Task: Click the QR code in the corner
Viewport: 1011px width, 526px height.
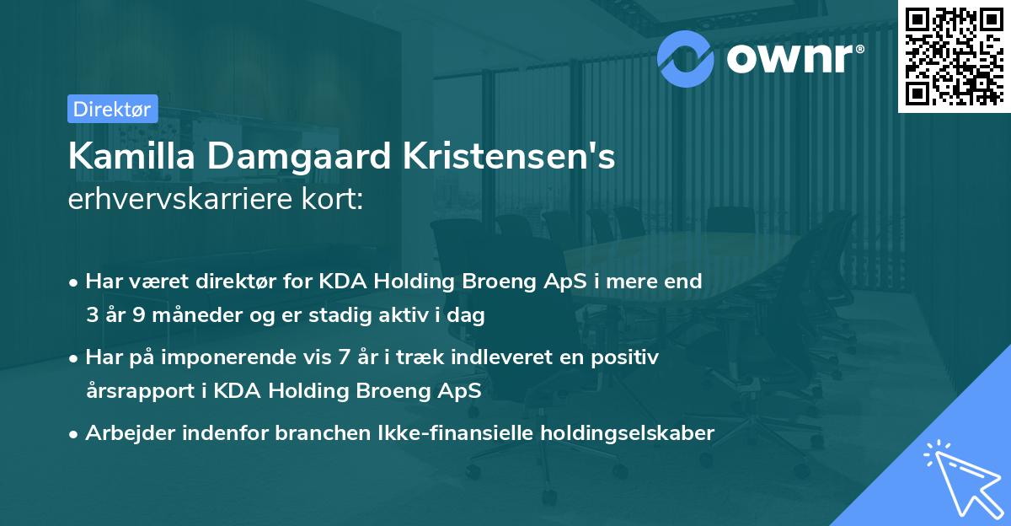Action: point(955,56)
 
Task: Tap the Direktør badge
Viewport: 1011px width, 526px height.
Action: point(112,109)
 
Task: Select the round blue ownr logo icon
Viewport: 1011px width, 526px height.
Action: point(686,56)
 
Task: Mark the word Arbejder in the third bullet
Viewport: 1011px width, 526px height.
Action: point(126,433)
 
